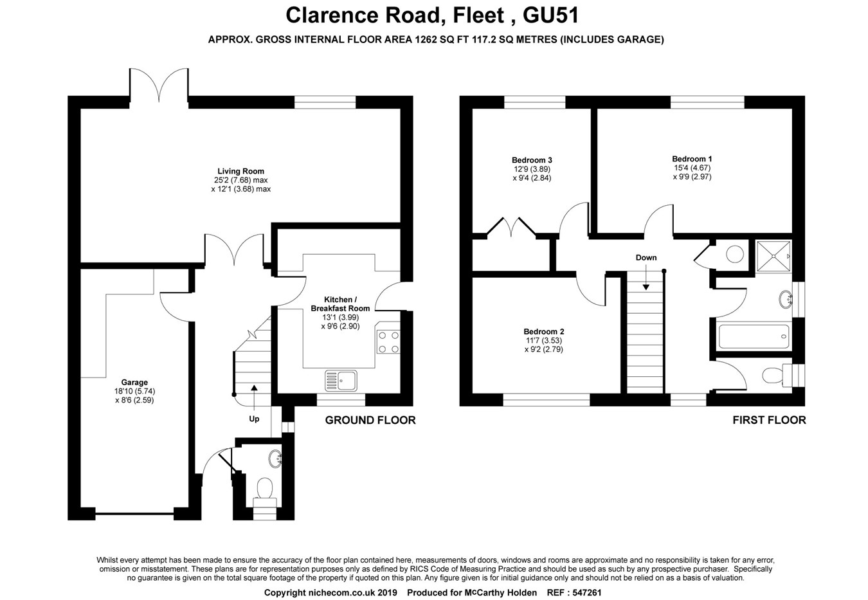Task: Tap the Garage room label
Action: [x=135, y=383]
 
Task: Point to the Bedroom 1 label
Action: [x=692, y=159]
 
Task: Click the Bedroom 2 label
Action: [x=544, y=332]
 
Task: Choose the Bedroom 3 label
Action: [x=532, y=160]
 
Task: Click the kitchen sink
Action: [x=341, y=380]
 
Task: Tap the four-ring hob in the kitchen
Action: [x=387, y=341]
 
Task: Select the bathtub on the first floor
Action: [x=754, y=335]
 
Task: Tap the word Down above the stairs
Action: [x=646, y=258]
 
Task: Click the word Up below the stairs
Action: [x=255, y=419]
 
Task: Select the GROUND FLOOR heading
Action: [x=370, y=420]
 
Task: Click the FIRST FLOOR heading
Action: [x=768, y=420]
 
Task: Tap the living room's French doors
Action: [x=159, y=83]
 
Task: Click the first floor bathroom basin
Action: [x=785, y=298]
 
